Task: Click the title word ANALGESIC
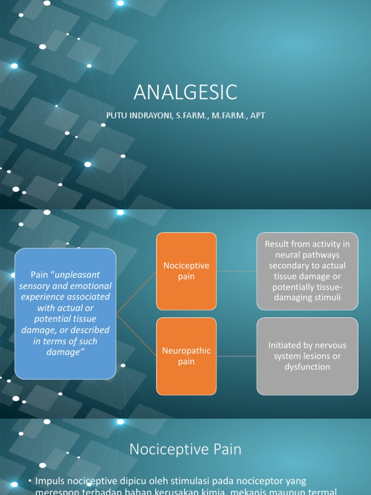[185, 92]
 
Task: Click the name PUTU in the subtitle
[117, 116]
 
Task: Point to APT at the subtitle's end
[257, 116]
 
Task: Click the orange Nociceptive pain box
[186, 271]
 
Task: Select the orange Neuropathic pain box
[186, 356]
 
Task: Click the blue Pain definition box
[65, 313]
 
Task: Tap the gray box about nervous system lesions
[307, 356]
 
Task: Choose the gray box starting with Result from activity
[307, 271]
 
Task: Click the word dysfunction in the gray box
[307, 367]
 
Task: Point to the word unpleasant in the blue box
[78, 275]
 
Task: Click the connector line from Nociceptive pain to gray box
[236, 271]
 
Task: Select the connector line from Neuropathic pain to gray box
[236, 356]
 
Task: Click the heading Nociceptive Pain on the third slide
[185, 450]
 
